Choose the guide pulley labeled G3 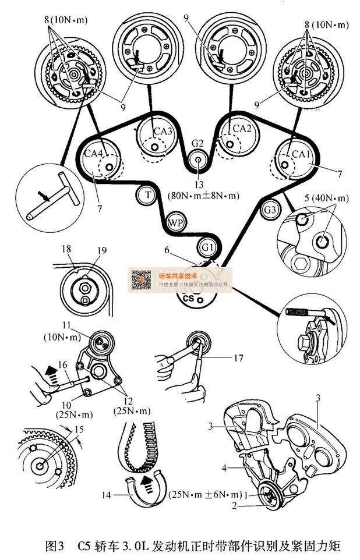[x=270, y=210]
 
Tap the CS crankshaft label [x=188, y=298]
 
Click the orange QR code [x=139, y=279]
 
